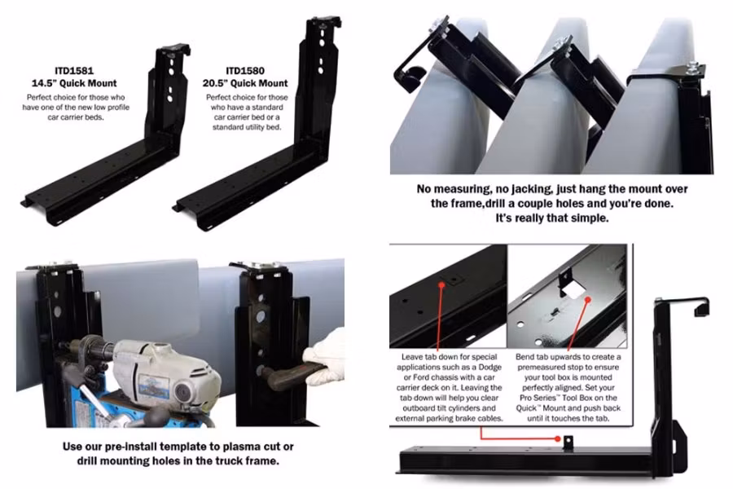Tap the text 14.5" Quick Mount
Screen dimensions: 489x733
click(x=74, y=82)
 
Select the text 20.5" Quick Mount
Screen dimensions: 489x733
click(x=246, y=82)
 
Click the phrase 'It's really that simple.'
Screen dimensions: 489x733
click(x=554, y=218)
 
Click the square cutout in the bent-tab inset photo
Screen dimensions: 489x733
click(x=571, y=289)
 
